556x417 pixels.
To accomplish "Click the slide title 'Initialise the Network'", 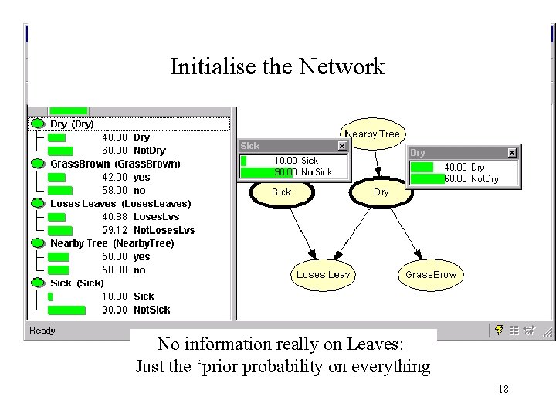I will click(x=276, y=66).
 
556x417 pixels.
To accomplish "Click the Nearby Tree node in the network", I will click(x=372, y=134).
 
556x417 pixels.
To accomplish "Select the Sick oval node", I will click(x=282, y=192).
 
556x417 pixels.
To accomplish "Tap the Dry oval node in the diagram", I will click(x=381, y=192).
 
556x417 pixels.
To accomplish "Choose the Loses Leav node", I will click(x=323, y=274).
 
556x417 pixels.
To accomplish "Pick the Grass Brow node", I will click(x=430, y=274).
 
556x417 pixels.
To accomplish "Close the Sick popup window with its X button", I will click(x=342, y=146).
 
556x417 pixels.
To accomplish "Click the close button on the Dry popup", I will click(x=511, y=154).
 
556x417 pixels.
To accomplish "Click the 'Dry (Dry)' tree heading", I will click(x=72, y=124).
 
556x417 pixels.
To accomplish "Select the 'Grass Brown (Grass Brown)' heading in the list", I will click(x=115, y=164).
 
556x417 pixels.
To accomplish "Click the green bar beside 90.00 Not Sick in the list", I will click(x=66, y=310).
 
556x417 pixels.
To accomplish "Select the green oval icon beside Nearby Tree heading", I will click(x=37, y=243).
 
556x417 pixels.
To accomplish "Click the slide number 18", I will click(x=503, y=390).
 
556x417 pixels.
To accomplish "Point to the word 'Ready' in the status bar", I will click(x=42, y=331).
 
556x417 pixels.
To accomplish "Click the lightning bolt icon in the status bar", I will click(x=500, y=331).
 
